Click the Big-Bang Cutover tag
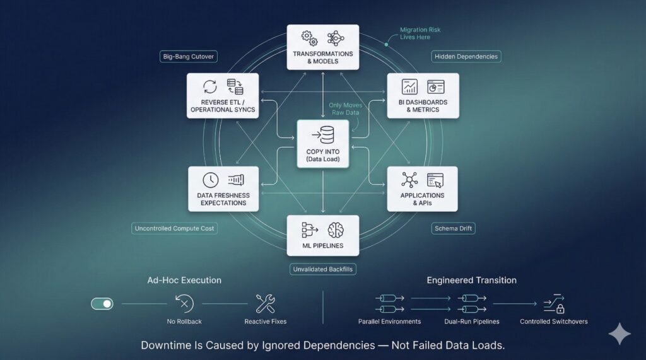(189, 57)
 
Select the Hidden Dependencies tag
(466, 57)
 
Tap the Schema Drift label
(454, 228)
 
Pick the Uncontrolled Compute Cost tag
(175, 228)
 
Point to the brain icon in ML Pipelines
(335, 230)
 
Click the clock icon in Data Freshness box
(211, 180)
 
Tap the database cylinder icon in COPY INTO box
(326, 136)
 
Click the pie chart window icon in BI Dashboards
(436, 87)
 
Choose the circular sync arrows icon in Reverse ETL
(210, 87)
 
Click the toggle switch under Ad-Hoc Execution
(102, 304)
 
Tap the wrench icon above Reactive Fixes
(265, 304)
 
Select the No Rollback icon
(184, 304)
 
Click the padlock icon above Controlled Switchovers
(560, 309)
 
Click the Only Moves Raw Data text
(344, 108)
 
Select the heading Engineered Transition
(471, 280)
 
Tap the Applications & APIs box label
(422, 199)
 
